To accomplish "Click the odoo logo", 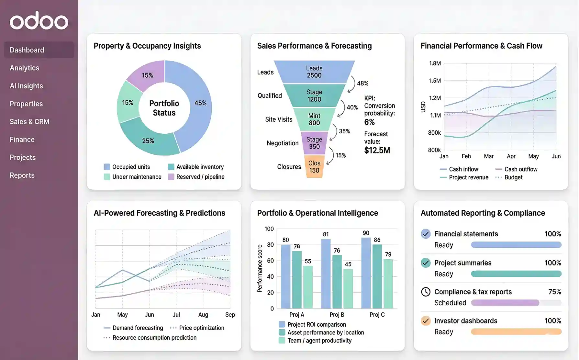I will (x=39, y=21).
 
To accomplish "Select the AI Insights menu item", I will (x=26, y=86).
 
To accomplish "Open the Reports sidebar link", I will (x=22, y=175).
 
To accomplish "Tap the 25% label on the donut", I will (x=148, y=141).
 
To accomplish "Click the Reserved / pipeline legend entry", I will (x=200, y=177).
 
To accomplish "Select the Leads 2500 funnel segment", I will (x=314, y=72).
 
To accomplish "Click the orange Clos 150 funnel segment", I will (x=314, y=167).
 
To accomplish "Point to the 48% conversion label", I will (x=362, y=83).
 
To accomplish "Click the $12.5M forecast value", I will (x=377, y=150).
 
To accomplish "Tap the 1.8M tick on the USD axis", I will (x=435, y=63).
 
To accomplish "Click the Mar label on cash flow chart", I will (x=488, y=156).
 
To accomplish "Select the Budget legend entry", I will (x=513, y=177).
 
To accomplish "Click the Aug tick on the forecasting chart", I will (x=203, y=315).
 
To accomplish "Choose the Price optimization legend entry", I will (x=201, y=328).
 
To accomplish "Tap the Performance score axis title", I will (x=260, y=268).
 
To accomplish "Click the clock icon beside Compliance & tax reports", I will (x=426, y=292).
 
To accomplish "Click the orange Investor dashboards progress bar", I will (x=516, y=332).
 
